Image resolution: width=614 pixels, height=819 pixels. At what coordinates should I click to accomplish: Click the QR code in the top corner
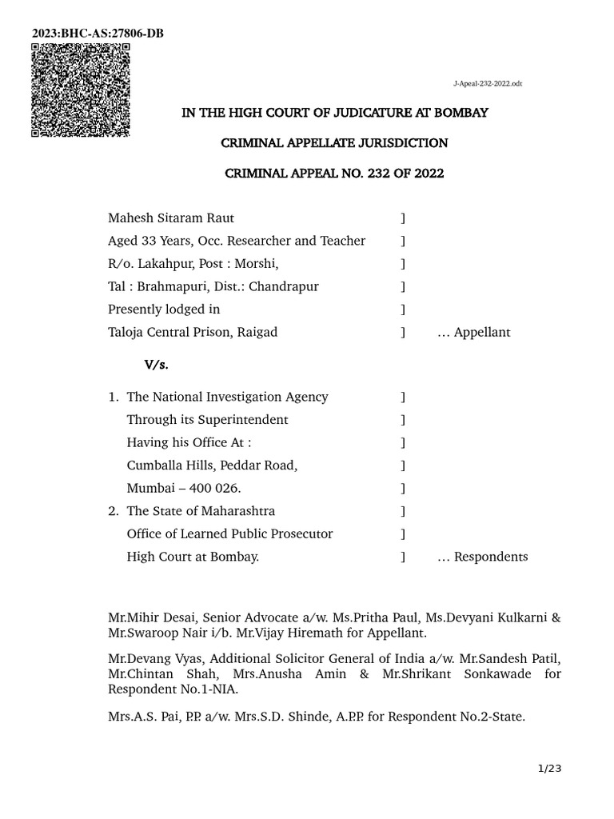[80, 90]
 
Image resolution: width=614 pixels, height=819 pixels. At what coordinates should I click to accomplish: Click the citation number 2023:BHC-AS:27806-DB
[98, 33]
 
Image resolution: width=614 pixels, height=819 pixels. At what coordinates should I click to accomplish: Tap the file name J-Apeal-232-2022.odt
[488, 84]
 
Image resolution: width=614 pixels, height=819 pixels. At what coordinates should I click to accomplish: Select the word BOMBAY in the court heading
[460, 113]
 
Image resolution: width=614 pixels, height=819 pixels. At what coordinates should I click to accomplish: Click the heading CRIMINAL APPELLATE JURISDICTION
[334, 143]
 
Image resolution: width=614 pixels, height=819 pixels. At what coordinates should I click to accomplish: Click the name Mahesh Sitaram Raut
[171, 218]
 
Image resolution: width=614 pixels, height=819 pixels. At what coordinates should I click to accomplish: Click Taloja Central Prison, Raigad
[193, 332]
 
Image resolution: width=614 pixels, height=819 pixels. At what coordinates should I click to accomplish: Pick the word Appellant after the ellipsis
[482, 332]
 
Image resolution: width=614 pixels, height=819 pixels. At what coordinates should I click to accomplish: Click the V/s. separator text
[156, 365]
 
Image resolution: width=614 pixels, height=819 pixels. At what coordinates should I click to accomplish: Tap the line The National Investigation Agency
[227, 397]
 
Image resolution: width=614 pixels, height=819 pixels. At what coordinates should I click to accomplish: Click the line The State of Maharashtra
[201, 511]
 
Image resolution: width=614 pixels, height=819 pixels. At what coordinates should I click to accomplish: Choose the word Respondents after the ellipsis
[491, 557]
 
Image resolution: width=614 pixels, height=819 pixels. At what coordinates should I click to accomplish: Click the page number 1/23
[549, 769]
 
